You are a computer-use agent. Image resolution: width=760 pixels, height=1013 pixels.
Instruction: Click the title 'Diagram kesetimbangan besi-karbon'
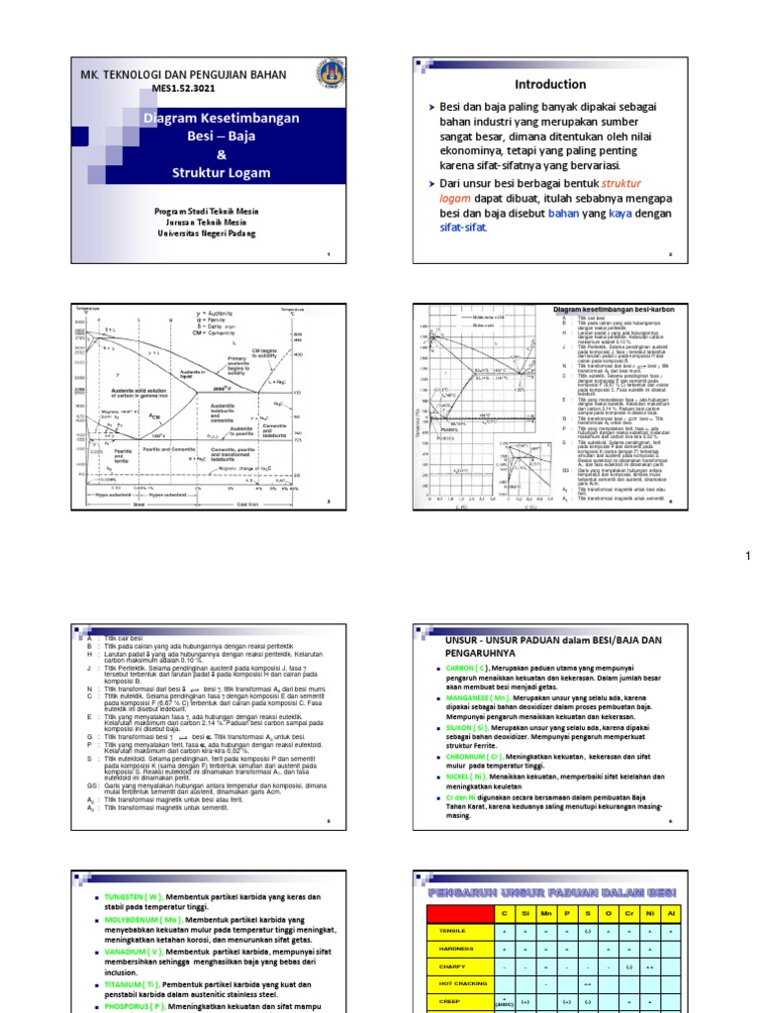pyautogui.click(x=613, y=310)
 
